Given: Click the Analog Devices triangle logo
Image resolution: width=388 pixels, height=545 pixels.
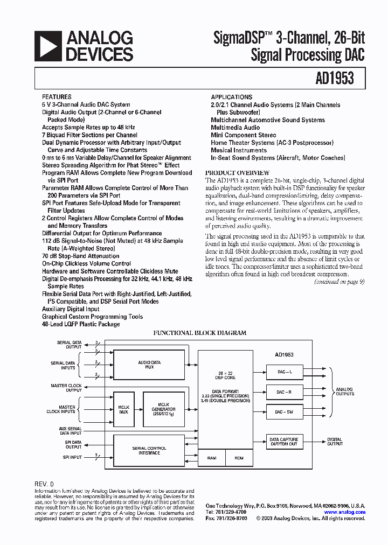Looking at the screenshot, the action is (x=47, y=45).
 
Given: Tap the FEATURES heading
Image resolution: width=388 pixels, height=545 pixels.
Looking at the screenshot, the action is (x=56, y=97).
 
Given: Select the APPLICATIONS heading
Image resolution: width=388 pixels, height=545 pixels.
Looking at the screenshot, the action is (x=232, y=97).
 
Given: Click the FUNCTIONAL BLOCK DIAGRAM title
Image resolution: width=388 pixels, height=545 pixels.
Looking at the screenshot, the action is (x=200, y=333).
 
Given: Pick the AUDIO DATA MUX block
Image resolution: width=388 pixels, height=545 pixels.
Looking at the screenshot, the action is (x=149, y=365).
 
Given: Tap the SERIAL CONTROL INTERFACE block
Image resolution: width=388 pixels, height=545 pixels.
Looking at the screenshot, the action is (x=149, y=450).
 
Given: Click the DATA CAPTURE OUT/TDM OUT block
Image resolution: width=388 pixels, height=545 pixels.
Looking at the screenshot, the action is (x=283, y=442).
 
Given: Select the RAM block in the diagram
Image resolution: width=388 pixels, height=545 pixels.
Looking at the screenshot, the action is (x=211, y=458).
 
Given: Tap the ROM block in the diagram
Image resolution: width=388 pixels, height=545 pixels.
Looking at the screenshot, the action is (x=239, y=458).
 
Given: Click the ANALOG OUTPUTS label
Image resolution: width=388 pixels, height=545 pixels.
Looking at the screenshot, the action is (x=345, y=392).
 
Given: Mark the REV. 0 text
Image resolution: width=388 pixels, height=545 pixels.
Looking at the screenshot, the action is (x=44, y=484).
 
